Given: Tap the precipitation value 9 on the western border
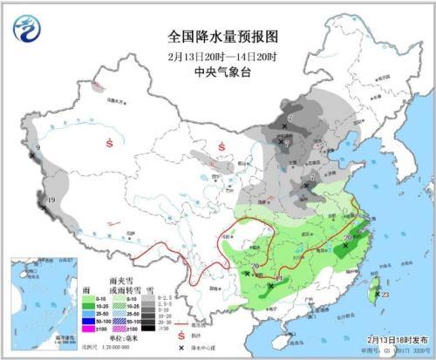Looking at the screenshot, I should pyautogui.click(x=37, y=147).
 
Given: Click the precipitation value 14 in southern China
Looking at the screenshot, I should pyautogui.click(x=277, y=276).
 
